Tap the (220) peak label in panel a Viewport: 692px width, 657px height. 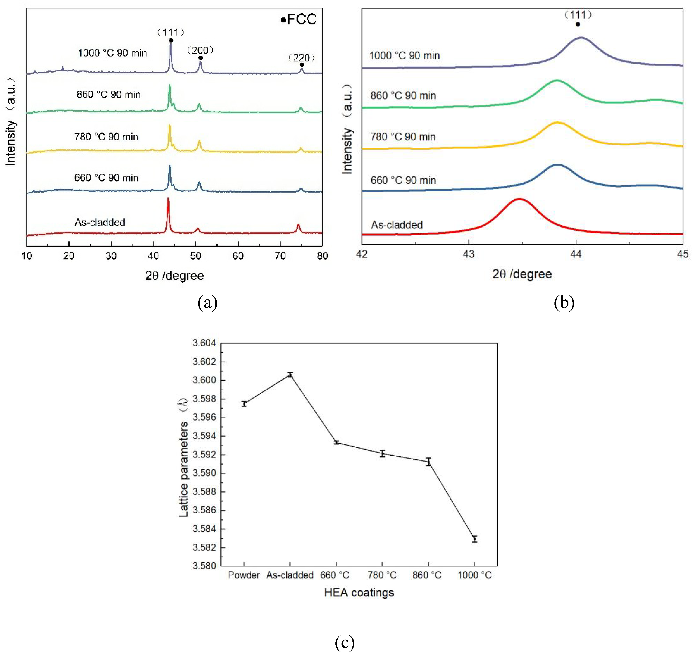[301, 58]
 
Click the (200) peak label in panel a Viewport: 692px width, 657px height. [200, 50]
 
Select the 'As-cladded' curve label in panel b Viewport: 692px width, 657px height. [396, 225]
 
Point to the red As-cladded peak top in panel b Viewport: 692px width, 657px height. [519, 199]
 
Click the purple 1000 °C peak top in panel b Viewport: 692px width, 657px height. [581, 37]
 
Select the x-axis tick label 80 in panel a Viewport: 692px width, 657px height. [322, 256]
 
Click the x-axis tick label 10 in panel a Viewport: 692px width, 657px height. [27, 256]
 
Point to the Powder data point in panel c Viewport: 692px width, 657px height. [244, 404]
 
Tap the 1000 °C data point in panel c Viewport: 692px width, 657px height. [474, 539]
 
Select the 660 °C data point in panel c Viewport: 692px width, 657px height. [336, 443]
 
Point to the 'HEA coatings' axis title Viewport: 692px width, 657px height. [359, 592]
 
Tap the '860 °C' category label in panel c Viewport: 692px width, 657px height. [427, 575]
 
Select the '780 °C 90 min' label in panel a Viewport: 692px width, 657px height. [106, 137]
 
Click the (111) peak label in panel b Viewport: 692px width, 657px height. [578, 15]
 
